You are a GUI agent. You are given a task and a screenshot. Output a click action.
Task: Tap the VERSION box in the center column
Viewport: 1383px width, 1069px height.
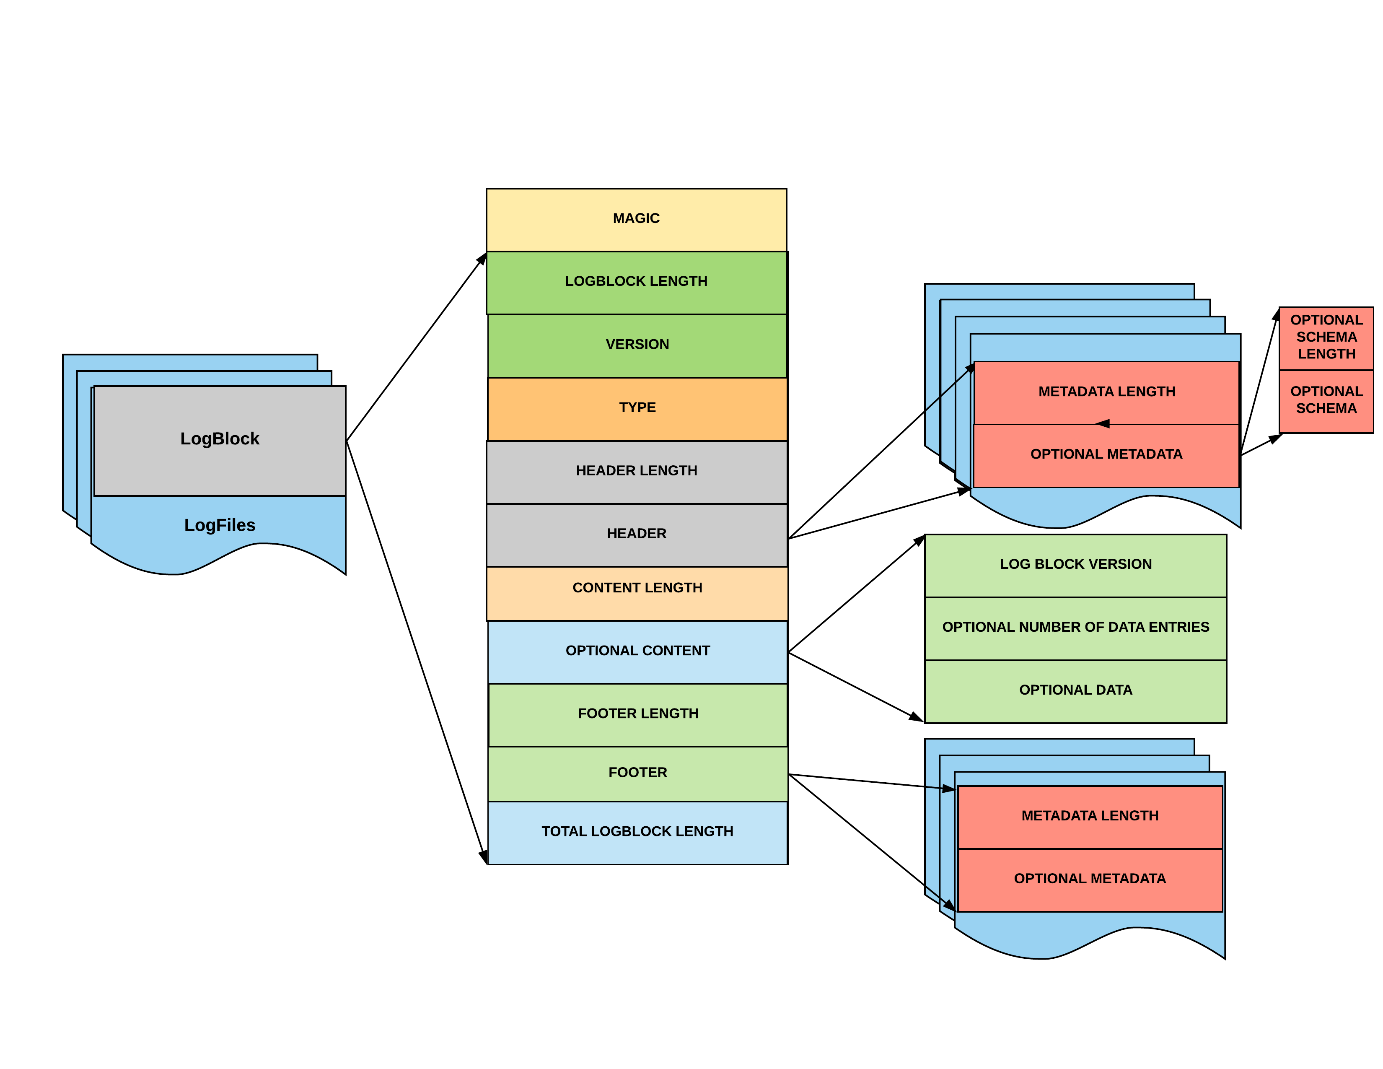[637, 345]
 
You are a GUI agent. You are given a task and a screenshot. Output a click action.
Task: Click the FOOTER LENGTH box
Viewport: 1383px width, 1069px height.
[638, 714]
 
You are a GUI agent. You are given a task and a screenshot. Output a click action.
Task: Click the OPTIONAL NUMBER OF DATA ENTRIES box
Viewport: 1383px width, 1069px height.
[1075, 628]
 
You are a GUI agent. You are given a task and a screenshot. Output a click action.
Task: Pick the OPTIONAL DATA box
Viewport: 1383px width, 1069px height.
[1075, 691]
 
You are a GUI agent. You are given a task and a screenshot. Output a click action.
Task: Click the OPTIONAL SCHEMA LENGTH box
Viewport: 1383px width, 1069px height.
[1326, 337]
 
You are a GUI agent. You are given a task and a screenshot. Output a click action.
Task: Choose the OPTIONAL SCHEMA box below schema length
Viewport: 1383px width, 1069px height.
[1326, 401]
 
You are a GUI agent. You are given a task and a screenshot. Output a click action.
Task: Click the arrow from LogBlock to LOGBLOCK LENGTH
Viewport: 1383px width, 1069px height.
[416, 347]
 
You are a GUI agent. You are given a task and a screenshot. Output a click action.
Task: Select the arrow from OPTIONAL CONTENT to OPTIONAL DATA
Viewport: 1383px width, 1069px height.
[855, 686]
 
